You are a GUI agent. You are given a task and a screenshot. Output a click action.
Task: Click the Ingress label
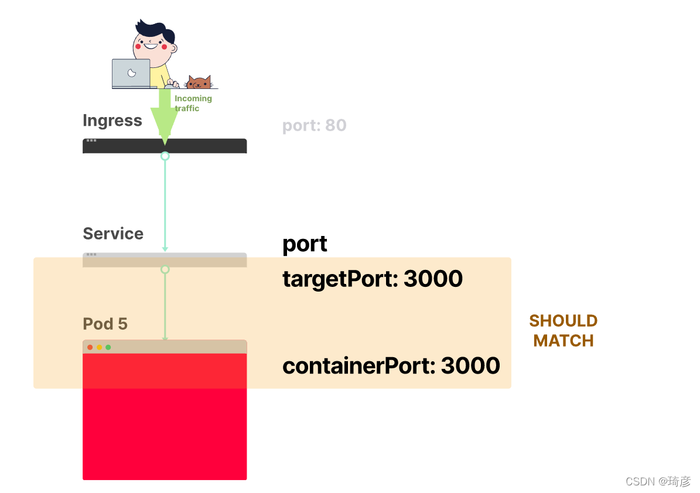(x=112, y=121)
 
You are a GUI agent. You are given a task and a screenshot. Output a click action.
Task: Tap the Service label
(x=113, y=234)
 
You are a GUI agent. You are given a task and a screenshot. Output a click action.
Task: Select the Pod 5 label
(x=105, y=324)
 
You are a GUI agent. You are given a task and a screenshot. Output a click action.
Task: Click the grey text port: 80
(x=315, y=126)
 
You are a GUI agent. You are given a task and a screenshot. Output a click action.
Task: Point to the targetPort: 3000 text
(x=373, y=279)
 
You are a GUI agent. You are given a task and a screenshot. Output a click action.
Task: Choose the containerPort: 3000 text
(x=391, y=366)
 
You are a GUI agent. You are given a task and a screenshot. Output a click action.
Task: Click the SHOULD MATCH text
(x=564, y=331)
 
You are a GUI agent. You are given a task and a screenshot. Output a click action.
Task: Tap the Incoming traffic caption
(x=193, y=103)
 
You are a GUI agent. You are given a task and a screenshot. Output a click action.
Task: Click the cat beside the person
(x=199, y=83)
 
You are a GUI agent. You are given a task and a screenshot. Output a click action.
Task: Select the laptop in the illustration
(x=131, y=74)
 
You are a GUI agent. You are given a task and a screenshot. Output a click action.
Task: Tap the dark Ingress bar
(x=165, y=146)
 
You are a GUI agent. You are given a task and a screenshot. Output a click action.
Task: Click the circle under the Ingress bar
(x=165, y=156)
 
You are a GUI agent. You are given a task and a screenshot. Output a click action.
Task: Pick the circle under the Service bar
(x=165, y=269)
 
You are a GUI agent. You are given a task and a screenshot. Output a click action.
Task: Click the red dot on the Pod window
(x=90, y=347)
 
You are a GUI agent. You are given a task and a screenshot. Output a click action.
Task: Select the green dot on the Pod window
(x=108, y=347)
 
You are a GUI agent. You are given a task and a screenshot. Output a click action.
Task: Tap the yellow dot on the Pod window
(x=99, y=347)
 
